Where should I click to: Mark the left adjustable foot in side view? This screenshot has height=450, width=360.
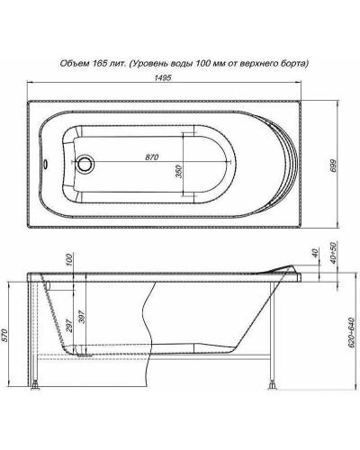(x=37, y=390)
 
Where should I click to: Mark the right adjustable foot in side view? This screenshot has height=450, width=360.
(x=270, y=390)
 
